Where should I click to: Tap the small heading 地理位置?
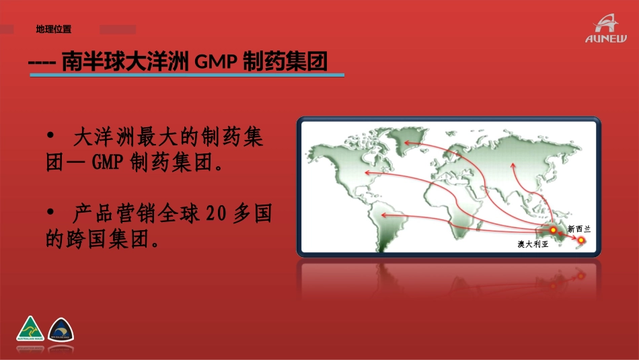pyautogui.click(x=54, y=29)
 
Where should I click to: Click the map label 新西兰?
pyautogui.click(x=578, y=229)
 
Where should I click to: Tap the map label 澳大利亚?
pyautogui.click(x=533, y=244)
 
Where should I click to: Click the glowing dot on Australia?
pyautogui.click(x=554, y=230)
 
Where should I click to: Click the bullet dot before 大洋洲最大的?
pyautogui.click(x=51, y=137)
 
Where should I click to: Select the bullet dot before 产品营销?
pyautogui.click(x=51, y=213)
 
